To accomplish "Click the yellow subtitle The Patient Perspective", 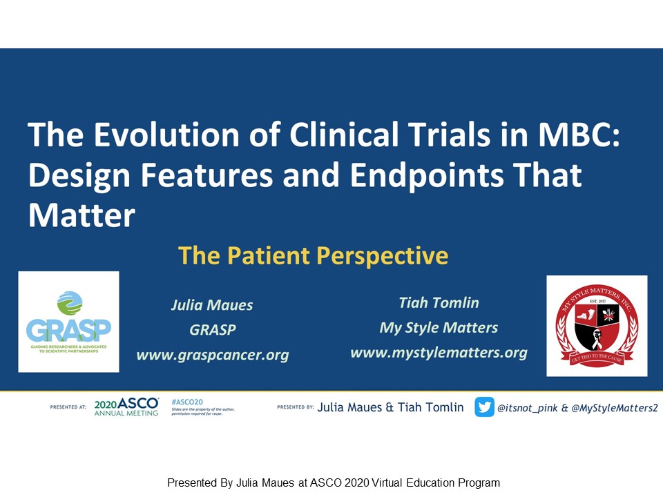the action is [313, 256].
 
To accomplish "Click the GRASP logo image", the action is [68, 322].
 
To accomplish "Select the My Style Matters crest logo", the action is [597, 326].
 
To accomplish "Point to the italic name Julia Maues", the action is [212, 305].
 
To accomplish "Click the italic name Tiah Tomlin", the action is [439, 302].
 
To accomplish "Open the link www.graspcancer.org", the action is [212, 355].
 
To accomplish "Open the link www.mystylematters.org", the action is [439, 353].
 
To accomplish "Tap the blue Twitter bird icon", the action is [484, 407].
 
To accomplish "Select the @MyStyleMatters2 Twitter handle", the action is [615, 408].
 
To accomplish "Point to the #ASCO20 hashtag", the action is [186, 401].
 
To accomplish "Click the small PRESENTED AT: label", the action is [68, 407].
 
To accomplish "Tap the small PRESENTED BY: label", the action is [295, 407].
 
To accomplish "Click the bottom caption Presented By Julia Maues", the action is [333, 483].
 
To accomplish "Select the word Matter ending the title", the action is [81, 216].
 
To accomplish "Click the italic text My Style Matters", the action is [439, 328].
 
